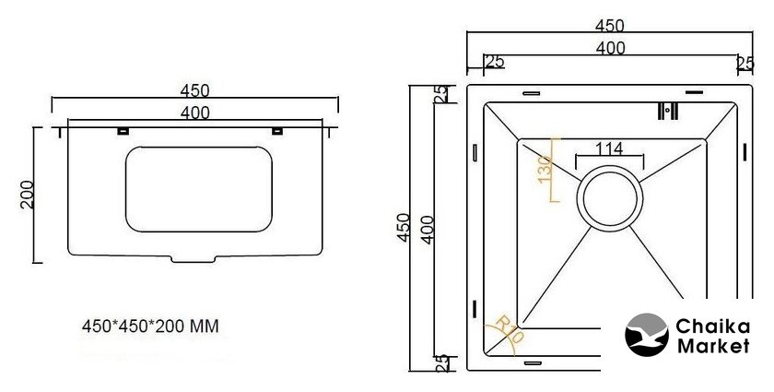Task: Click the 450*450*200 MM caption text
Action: coord(150,327)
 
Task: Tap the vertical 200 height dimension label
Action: coord(28,195)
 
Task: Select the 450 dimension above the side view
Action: coord(195,91)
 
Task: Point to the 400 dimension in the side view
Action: coord(195,113)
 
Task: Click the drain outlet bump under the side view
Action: coord(193,259)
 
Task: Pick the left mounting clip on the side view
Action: coord(123,131)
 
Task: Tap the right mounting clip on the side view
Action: coord(277,131)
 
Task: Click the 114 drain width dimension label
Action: coord(609,148)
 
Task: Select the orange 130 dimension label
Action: coord(545,169)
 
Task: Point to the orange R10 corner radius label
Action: coord(509,329)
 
